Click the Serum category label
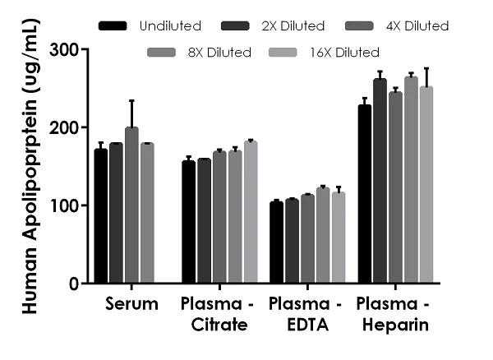tap(131, 305)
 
